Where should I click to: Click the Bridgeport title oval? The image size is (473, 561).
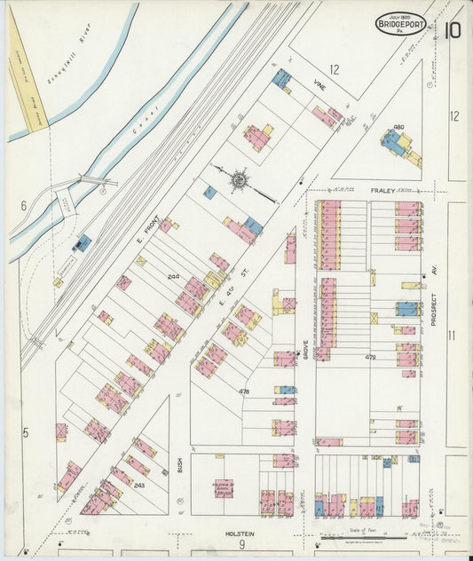[x=401, y=23]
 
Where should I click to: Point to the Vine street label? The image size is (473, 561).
[x=319, y=86]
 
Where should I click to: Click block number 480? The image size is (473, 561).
[x=398, y=127]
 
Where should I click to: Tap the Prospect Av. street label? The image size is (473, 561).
[x=435, y=306]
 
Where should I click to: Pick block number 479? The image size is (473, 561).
[x=370, y=357]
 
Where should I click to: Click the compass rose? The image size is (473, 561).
[x=240, y=180]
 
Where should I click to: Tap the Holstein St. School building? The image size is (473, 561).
[x=223, y=487]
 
